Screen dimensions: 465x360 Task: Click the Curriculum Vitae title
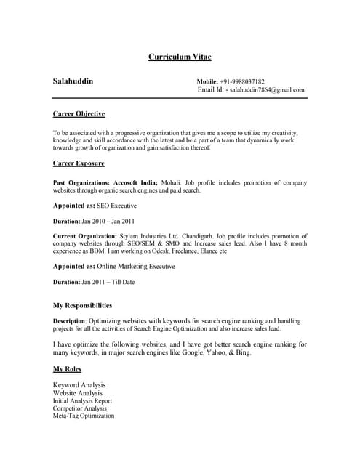tap(180, 57)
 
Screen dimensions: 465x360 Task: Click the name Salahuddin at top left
tap(73, 81)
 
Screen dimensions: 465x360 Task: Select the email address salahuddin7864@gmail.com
tap(267, 90)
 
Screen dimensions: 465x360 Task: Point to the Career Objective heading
tap(79, 114)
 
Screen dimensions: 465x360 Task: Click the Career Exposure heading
tap(79, 163)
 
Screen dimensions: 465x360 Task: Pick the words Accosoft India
tap(136, 182)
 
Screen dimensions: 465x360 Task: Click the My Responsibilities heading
tap(83, 305)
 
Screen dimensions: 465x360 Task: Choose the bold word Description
tap(70, 320)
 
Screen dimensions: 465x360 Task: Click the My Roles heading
tap(68, 369)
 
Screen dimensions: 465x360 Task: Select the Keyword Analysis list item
tap(79, 384)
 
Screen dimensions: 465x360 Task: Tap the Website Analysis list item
tap(78, 393)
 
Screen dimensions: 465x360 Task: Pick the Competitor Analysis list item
tap(79, 408)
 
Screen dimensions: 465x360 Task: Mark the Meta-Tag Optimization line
tap(84, 416)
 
